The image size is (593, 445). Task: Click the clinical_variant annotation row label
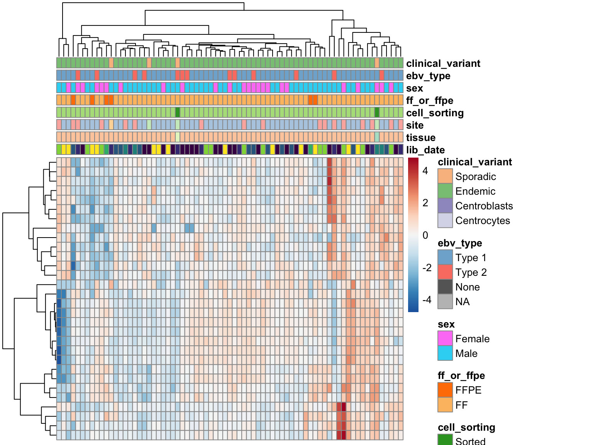(x=443, y=63)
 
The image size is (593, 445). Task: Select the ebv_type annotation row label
(x=428, y=76)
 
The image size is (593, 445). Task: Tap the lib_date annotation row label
(x=425, y=150)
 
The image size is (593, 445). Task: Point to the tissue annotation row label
(x=420, y=138)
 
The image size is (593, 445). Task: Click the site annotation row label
(x=415, y=125)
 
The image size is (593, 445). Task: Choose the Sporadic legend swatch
(x=445, y=177)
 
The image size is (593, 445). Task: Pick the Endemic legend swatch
(x=445, y=191)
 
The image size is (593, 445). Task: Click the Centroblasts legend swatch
(x=445, y=206)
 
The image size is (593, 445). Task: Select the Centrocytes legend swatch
(x=445, y=221)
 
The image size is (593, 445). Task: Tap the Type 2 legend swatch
(x=445, y=272)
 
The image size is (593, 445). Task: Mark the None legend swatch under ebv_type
(x=445, y=287)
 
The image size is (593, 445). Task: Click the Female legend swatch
(x=445, y=339)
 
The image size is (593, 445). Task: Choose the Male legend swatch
(x=445, y=353)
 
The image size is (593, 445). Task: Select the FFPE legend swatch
(x=445, y=390)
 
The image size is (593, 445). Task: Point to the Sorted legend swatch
(x=445, y=440)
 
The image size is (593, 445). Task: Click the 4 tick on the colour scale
(x=425, y=171)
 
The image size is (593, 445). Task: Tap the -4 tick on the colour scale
(x=427, y=300)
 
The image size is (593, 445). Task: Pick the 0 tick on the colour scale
(x=425, y=235)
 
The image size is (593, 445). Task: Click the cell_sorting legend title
(x=466, y=427)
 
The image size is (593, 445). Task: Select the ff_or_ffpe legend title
(x=461, y=375)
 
